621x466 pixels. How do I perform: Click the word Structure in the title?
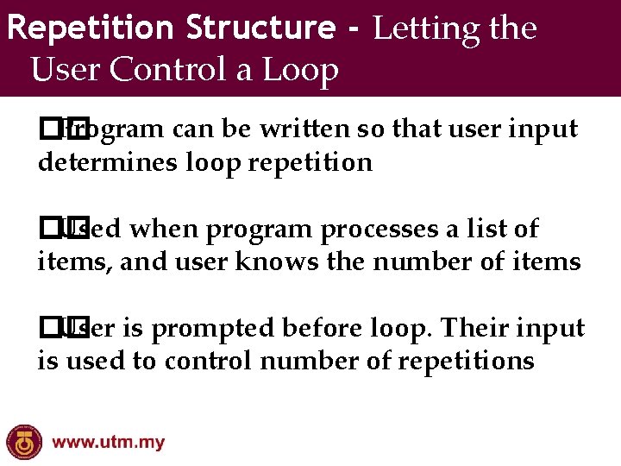[260, 28]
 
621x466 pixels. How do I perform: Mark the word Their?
[473, 328]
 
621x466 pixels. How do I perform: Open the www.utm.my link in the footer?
[109, 444]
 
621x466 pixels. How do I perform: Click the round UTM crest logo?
[23, 442]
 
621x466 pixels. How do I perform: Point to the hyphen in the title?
[353, 29]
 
